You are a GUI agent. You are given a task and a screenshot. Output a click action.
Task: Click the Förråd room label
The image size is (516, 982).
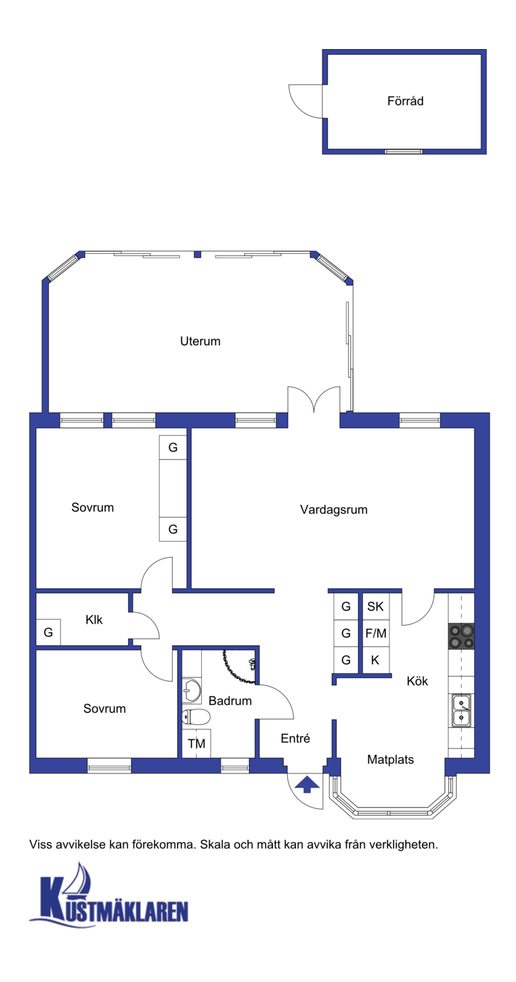coord(405,101)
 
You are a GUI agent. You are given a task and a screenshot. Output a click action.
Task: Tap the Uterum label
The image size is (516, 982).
coord(200,341)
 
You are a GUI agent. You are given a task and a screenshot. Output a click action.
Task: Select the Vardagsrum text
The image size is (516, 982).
coord(333,509)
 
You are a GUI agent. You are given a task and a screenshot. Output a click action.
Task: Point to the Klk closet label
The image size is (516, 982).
coord(94,619)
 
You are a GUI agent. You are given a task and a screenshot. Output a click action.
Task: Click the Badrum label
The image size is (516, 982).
coord(230,701)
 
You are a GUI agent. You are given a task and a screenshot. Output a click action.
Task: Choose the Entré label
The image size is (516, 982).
coord(295,738)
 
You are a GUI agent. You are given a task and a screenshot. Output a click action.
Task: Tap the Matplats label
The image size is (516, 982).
coord(390,759)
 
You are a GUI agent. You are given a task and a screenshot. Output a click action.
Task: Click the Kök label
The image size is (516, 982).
coord(417,681)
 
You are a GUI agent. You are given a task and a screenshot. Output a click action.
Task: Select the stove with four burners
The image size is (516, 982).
coord(461,636)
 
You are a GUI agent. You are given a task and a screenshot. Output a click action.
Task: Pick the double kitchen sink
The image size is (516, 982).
coord(462,710)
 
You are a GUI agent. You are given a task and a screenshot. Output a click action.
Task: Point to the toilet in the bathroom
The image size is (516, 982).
coord(196,717)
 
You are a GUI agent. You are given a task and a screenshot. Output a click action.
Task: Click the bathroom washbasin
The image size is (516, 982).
coord(192,690)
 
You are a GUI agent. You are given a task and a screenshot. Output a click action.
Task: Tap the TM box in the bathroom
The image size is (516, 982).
coord(196,744)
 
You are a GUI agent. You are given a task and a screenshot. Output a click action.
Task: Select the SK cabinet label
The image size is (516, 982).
coord(375,606)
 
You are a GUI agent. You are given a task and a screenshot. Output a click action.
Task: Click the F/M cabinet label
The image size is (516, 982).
coord(376,633)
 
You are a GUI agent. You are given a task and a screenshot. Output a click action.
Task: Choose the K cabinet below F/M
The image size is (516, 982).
coord(375,660)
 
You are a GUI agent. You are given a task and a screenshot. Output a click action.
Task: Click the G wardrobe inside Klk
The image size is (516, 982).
coord(48,632)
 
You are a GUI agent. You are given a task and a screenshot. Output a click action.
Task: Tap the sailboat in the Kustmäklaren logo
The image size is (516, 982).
coord(78,879)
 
